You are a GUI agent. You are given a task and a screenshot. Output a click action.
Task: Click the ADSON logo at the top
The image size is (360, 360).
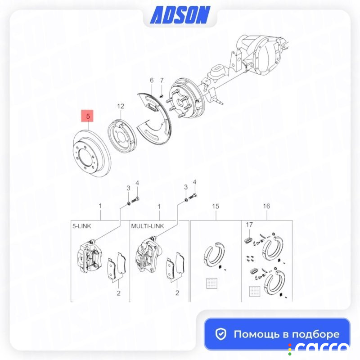point(180,15)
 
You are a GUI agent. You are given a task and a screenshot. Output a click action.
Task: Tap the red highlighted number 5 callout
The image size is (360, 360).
point(87,116)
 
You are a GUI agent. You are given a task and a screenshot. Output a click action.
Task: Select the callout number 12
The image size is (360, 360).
point(121,106)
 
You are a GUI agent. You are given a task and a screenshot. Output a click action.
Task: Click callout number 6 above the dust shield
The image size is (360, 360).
point(152,81)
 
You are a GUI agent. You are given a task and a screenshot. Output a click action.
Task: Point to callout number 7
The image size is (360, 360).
point(162,81)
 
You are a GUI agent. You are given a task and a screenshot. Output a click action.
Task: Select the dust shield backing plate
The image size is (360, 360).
point(154,118)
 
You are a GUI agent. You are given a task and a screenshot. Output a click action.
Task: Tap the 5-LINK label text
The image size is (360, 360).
point(82,226)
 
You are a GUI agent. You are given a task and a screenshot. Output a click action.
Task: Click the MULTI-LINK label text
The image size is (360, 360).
point(148,226)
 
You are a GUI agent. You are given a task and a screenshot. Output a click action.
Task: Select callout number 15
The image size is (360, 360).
point(216,206)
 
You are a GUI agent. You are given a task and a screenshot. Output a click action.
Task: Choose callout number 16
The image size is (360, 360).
point(266,206)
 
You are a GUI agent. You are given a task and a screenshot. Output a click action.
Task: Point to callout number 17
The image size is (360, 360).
point(249,225)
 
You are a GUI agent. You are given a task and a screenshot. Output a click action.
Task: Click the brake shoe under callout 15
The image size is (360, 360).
point(214,254)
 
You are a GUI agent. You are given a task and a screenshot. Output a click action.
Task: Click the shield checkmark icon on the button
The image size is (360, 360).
point(221,334)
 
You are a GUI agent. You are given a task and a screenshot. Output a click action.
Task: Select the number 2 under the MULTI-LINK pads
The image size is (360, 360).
point(177,293)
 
